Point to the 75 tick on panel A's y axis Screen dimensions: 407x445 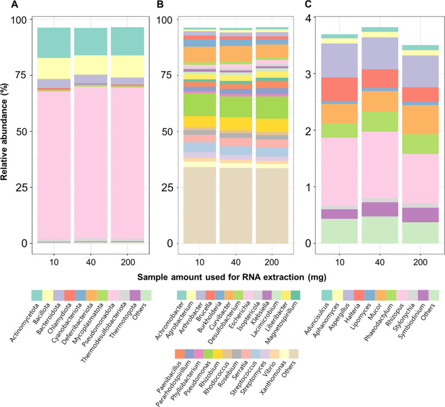click(23, 75)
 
